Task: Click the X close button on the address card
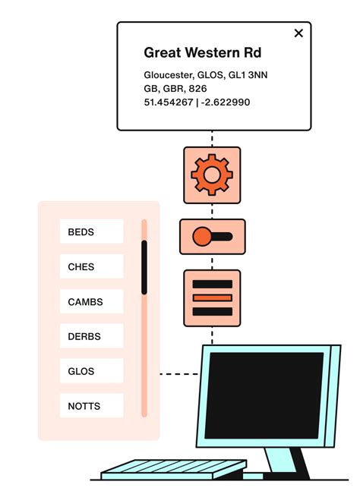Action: (298, 33)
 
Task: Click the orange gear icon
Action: (212, 175)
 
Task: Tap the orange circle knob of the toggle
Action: (201, 237)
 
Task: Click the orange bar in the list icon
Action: (212, 297)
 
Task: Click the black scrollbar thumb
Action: (144, 267)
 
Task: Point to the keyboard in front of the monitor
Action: (163, 469)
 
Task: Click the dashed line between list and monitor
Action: (180, 373)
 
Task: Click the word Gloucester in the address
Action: (168, 75)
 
